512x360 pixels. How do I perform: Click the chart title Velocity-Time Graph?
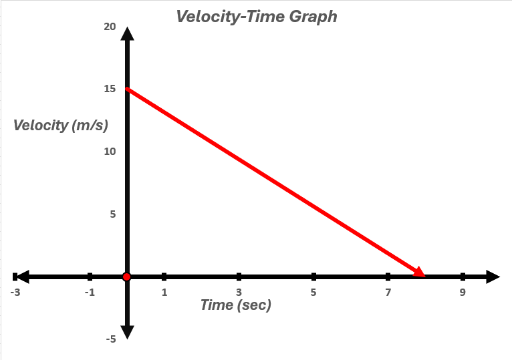coord(257,16)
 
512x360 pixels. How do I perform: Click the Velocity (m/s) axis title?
coord(61,125)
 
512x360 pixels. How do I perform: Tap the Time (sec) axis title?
coord(236,305)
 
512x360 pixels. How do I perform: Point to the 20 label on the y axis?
coord(109,27)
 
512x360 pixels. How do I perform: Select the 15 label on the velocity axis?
coord(109,89)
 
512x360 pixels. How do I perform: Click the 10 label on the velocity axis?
coord(109,152)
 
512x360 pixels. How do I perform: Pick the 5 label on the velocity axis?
coord(112,214)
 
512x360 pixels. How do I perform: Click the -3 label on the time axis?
coord(15,293)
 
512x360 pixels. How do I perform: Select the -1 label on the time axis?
coord(90,293)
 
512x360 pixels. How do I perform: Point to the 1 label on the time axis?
coord(164,293)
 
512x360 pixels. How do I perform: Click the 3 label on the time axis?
coord(239,293)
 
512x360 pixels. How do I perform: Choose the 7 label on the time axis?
coord(388,293)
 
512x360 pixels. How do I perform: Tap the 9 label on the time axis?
coord(463,293)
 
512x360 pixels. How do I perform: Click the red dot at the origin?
coord(126,277)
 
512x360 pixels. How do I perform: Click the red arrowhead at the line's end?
coord(419,271)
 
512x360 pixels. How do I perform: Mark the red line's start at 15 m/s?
coord(128,89)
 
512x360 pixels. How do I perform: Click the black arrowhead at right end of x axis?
coord(492,277)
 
